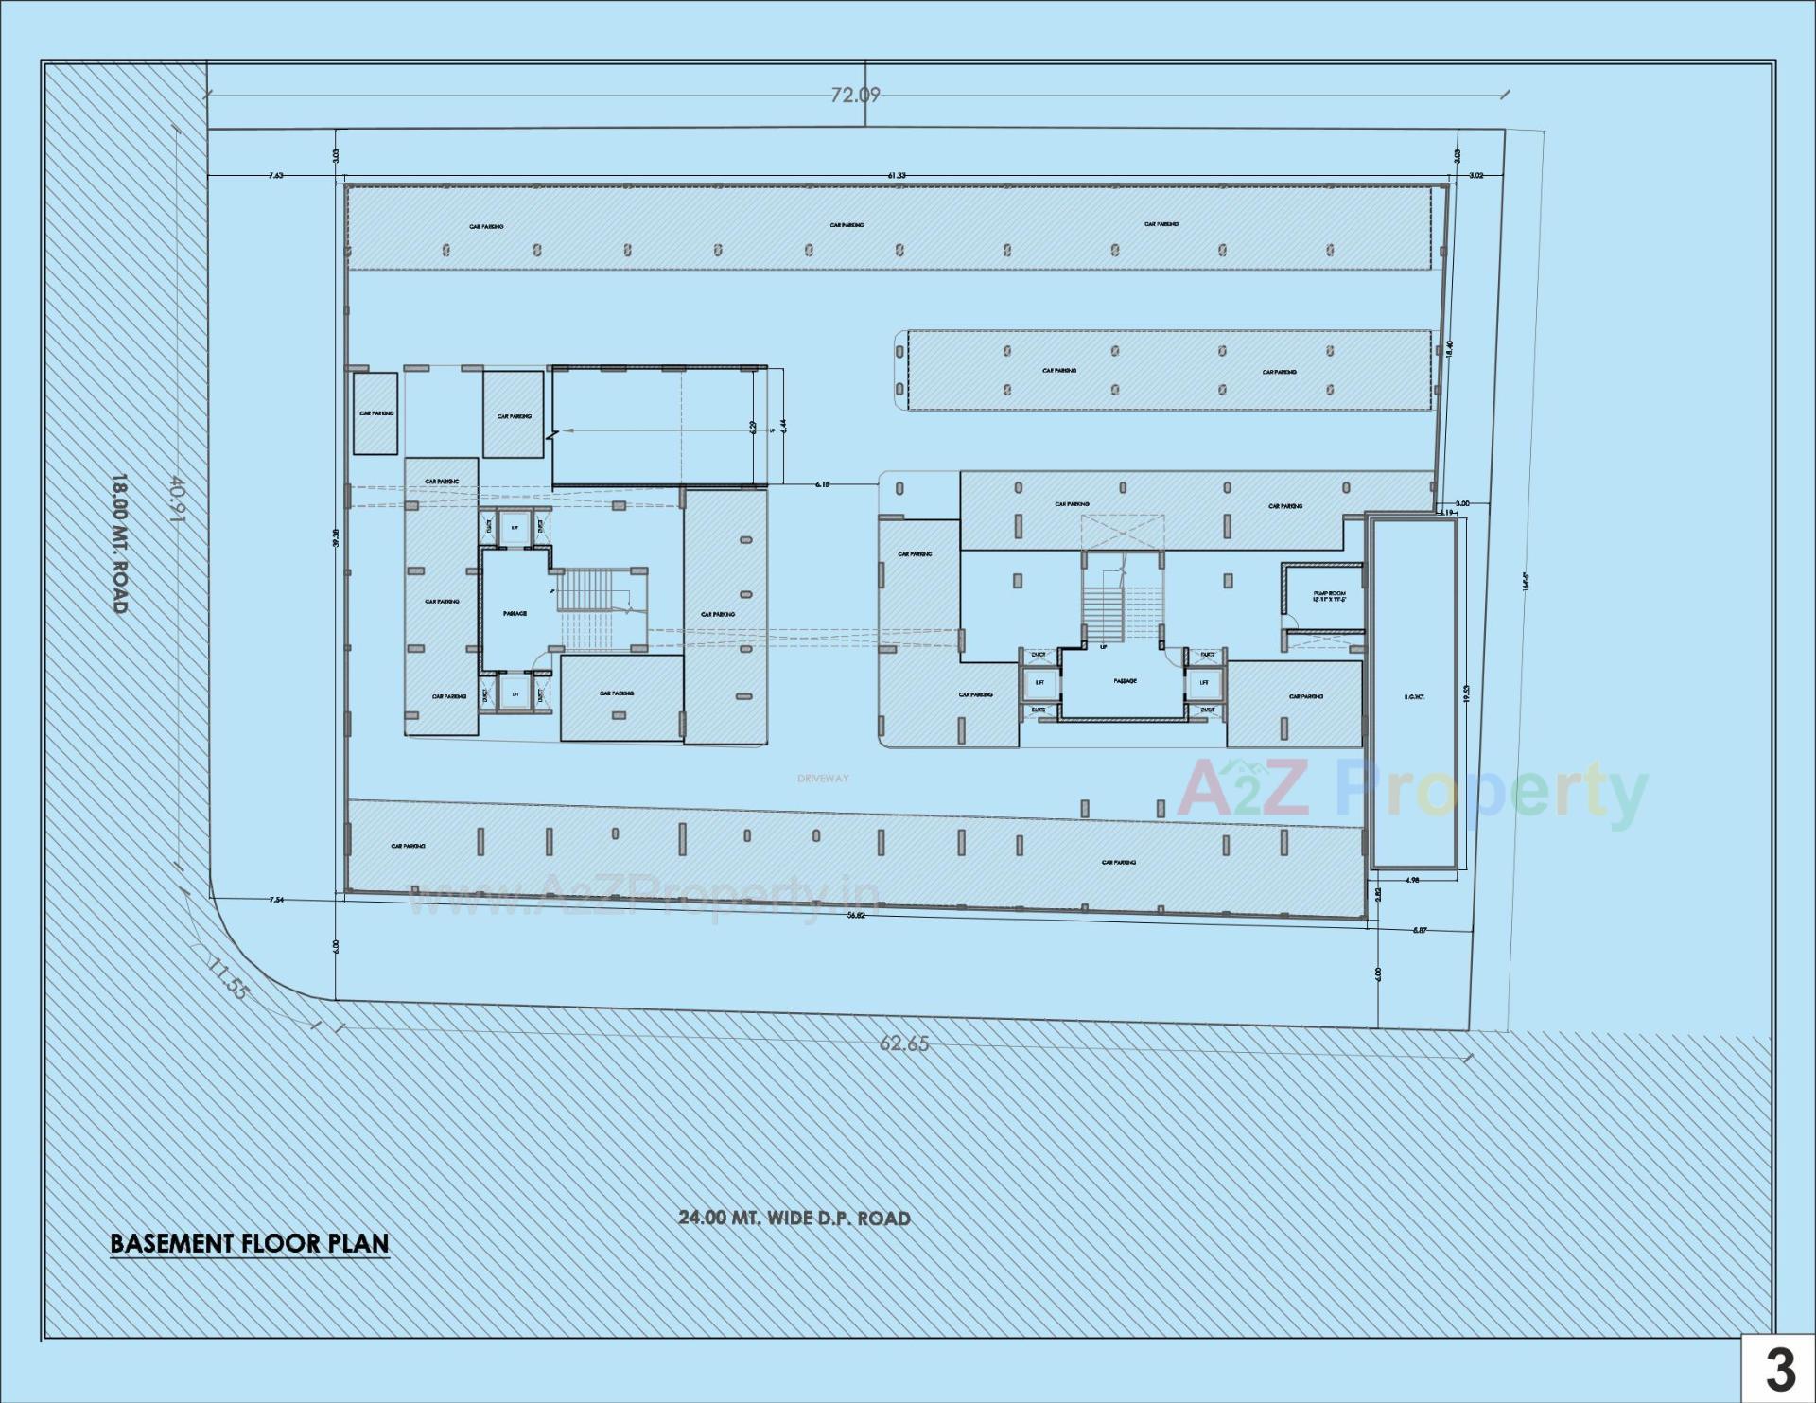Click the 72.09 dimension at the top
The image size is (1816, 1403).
855,95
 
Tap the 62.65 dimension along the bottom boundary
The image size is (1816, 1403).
904,1044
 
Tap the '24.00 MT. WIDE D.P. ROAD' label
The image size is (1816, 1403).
794,1218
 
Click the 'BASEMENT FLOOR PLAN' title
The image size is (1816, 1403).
250,1242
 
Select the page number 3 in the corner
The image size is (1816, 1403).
1780,1369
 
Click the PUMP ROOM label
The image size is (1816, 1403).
1329,596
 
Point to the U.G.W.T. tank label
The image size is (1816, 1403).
1414,697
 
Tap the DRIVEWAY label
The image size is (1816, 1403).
823,779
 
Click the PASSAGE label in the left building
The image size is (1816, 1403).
515,613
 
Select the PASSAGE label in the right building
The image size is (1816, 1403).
1125,680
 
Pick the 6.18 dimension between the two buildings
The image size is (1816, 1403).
823,483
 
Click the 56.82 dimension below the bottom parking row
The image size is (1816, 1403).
856,915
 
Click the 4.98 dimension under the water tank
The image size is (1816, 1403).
1412,880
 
